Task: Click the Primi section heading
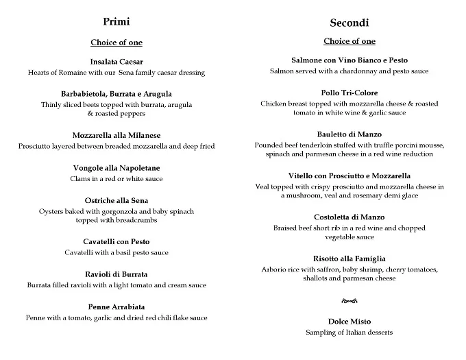pyautogui.click(x=116, y=21)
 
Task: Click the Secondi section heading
pyautogui.click(x=349, y=23)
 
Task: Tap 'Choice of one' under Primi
pyautogui.click(x=116, y=43)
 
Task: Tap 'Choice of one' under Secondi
pyautogui.click(x=349, y=41)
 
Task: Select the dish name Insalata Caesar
pyautogui.click(x=116, y=62)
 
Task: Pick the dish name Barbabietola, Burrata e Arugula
pyautogui.click(x=116, y=94)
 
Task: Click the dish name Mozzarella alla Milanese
pyautogui.click(x=116, y=136)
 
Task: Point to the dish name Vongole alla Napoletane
pyautogui.click(x=116, y=168)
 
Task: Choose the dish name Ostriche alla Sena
pyautogui.click(x=116, y=200)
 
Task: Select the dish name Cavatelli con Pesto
pyautogui.click(x=116, y=242)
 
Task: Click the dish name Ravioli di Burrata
pyautogui.click(x=116, y=274)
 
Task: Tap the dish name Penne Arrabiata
pyautogui.click(x=116, y=307)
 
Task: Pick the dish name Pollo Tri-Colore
pyautogui.click(x=349, y=93)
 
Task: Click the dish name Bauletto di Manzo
pyautogui.click(x=349, y=134)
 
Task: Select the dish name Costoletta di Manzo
pyautogui.click(x=349, y=217)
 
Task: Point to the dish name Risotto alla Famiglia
pyautogui.click(x=349, y=259)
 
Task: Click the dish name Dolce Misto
pyautogui.click(x=349, y=322)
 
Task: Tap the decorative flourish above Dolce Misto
pyautogui.click(x=349, y=300)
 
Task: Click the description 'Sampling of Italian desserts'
pyautogui.click(x=349, y=333)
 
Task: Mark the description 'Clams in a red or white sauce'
pyautogui.click(x=116, y=178)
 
